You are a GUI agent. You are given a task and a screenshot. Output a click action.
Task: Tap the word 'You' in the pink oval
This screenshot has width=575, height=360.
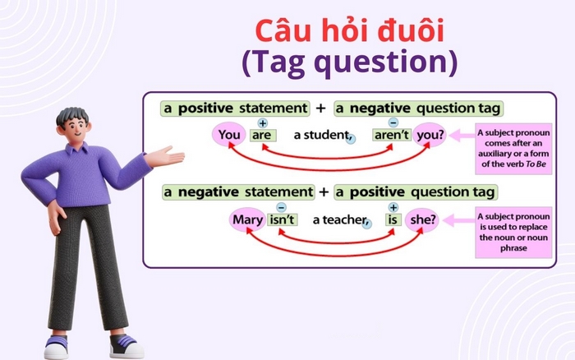(228, 136)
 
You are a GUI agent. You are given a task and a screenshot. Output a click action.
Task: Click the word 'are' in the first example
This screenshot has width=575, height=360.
(263, 136)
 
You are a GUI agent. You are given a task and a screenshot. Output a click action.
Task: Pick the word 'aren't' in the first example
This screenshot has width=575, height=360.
(392, 136)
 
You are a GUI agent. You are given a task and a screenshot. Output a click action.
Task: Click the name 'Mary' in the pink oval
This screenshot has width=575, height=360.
(247, 219)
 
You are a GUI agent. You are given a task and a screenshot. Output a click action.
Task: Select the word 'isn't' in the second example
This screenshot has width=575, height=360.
(282, 219)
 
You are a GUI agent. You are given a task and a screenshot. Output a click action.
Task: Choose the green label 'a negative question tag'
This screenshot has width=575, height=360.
(419, 108)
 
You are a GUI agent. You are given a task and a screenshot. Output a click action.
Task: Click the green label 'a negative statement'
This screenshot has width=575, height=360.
(238, 192)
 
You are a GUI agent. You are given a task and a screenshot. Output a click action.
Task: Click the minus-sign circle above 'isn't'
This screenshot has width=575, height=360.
(282, 206)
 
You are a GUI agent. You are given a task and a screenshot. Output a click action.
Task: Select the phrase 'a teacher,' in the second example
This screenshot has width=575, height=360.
(333, 220)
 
